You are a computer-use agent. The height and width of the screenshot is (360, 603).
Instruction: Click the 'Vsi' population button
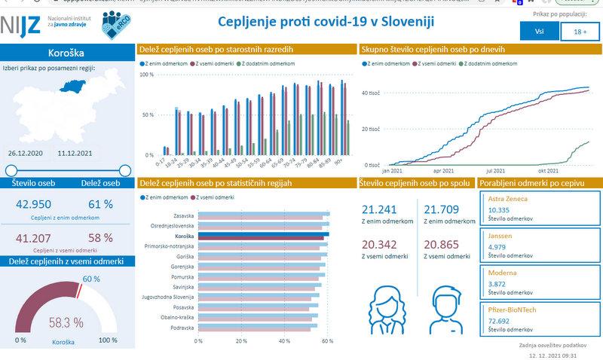tap(539, 32)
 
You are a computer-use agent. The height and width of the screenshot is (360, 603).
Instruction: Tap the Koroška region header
tap(66, 53)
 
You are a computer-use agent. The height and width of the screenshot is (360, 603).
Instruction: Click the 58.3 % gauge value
tap(66, 322)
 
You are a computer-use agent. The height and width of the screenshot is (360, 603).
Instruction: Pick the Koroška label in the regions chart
tap(185, 236)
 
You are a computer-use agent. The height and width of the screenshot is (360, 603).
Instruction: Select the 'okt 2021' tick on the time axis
tap(559, 171)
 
